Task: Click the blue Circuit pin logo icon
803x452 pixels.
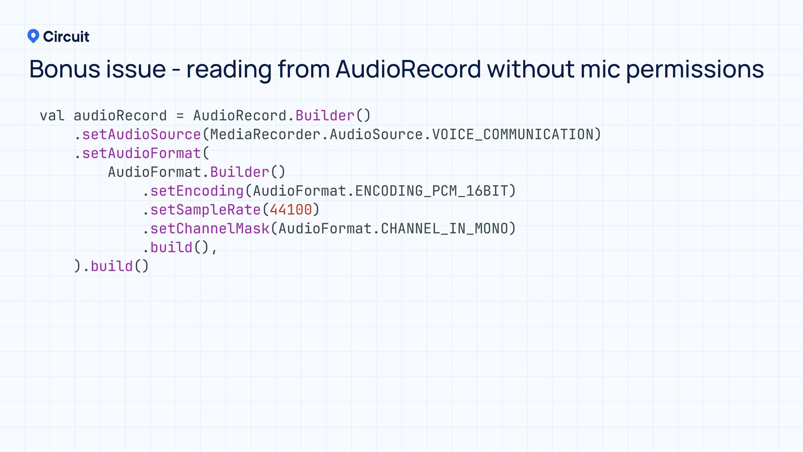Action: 33,36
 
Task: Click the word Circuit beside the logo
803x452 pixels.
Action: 66,37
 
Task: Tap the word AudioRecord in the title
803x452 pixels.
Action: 408,69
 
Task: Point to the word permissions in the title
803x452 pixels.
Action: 695,70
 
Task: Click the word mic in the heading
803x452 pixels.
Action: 600,69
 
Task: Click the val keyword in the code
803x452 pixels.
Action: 52,116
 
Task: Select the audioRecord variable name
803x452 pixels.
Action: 120,116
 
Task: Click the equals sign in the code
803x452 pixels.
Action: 180,116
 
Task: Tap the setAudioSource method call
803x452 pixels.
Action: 141,134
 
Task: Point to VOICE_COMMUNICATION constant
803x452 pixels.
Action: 512,134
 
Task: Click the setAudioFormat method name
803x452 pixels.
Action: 141,153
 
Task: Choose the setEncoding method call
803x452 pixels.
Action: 197,191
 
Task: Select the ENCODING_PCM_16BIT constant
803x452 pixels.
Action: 431,191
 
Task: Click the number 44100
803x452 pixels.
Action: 291,210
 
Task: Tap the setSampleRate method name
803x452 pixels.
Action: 205,210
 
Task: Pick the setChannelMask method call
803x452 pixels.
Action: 210,229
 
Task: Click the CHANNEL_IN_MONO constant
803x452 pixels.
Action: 444,229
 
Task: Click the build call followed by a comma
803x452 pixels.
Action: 171,247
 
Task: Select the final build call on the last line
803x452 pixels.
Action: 112,266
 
